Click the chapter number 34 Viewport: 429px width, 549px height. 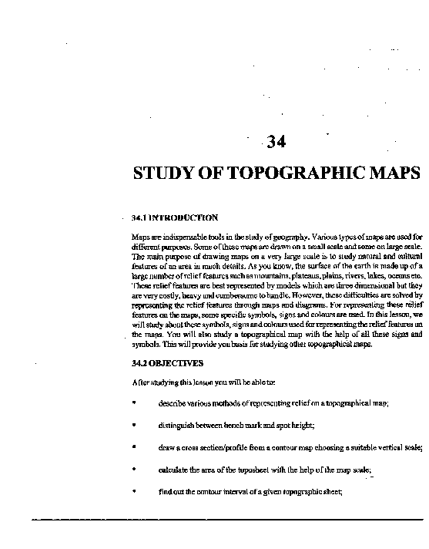coord(274,141)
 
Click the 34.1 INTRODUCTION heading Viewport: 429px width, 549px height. coord(170,218)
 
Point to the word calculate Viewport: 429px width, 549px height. coord(175,470)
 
